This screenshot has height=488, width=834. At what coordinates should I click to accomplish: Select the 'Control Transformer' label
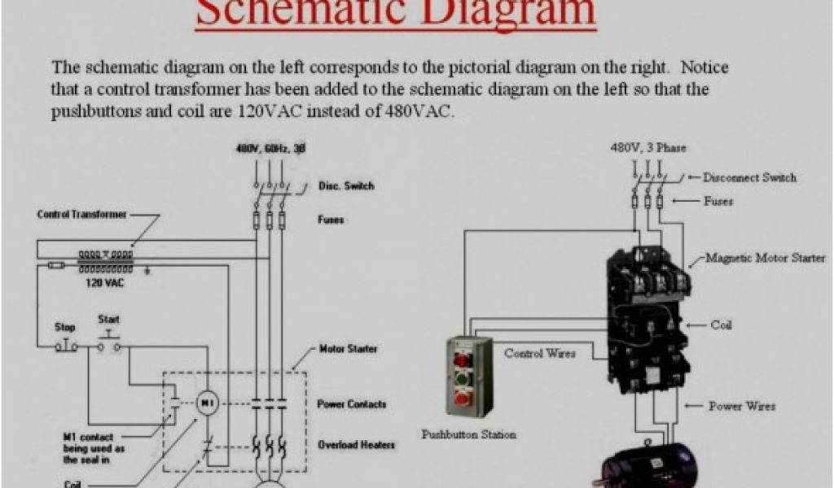pyautogui.click(x=81, y=215)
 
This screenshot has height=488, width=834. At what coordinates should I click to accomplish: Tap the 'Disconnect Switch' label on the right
pyautogui.click(x=749, y=177)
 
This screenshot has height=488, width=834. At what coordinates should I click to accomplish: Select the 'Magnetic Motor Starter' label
pyautogui.click(x=765, y=259)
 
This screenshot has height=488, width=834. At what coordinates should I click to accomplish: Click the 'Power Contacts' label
pyautogui.click(x=351, y=404)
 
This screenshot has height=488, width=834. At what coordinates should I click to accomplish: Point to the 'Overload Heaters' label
pyautogui.click(x=357, y=445)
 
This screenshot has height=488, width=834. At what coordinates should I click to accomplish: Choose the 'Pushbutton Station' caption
pyautogui.click(x=468, y=434)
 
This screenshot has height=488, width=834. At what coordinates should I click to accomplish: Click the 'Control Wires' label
pyautogui.click(x=540, y=354)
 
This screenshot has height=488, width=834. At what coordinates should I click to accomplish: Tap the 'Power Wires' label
pyautogui.click(x=741, y=406)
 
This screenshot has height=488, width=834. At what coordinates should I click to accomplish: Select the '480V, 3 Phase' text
pyautogui.click(x=648, y=148)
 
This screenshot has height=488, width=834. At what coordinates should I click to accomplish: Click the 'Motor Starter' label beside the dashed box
pyautogui.click(x=348, y=349)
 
